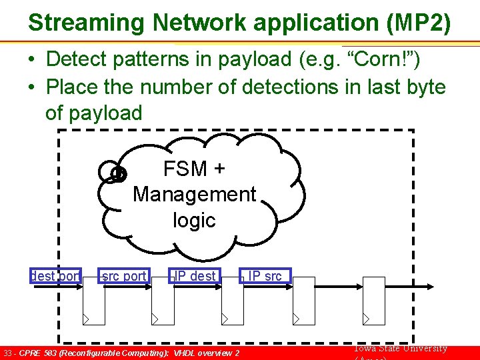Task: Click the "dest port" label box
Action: coord(55,275)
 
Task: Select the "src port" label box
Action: coord(123,275)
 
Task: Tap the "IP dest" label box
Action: coord(194,275)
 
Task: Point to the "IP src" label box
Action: coord(265,275)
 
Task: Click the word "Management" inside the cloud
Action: coord(194,195)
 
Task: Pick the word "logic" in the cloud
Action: coord(194,220)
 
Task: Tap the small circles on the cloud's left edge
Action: coord(113,173)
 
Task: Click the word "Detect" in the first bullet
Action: coord(77,59)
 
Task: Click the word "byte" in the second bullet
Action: coord(422,87)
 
